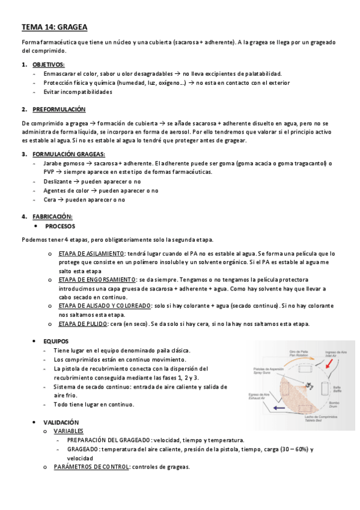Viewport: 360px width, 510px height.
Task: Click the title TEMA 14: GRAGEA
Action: point(54,27)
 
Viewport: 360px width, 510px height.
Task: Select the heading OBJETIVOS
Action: point(49,64)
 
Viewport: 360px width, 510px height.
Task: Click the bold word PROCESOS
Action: point(60,226)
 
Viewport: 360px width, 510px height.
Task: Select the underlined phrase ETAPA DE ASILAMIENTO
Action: point(91,253)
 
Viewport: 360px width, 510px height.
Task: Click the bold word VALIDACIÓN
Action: point(61,422)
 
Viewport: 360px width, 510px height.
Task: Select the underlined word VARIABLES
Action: point(69,431)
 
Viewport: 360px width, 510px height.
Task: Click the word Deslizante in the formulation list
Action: point(57,181)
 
